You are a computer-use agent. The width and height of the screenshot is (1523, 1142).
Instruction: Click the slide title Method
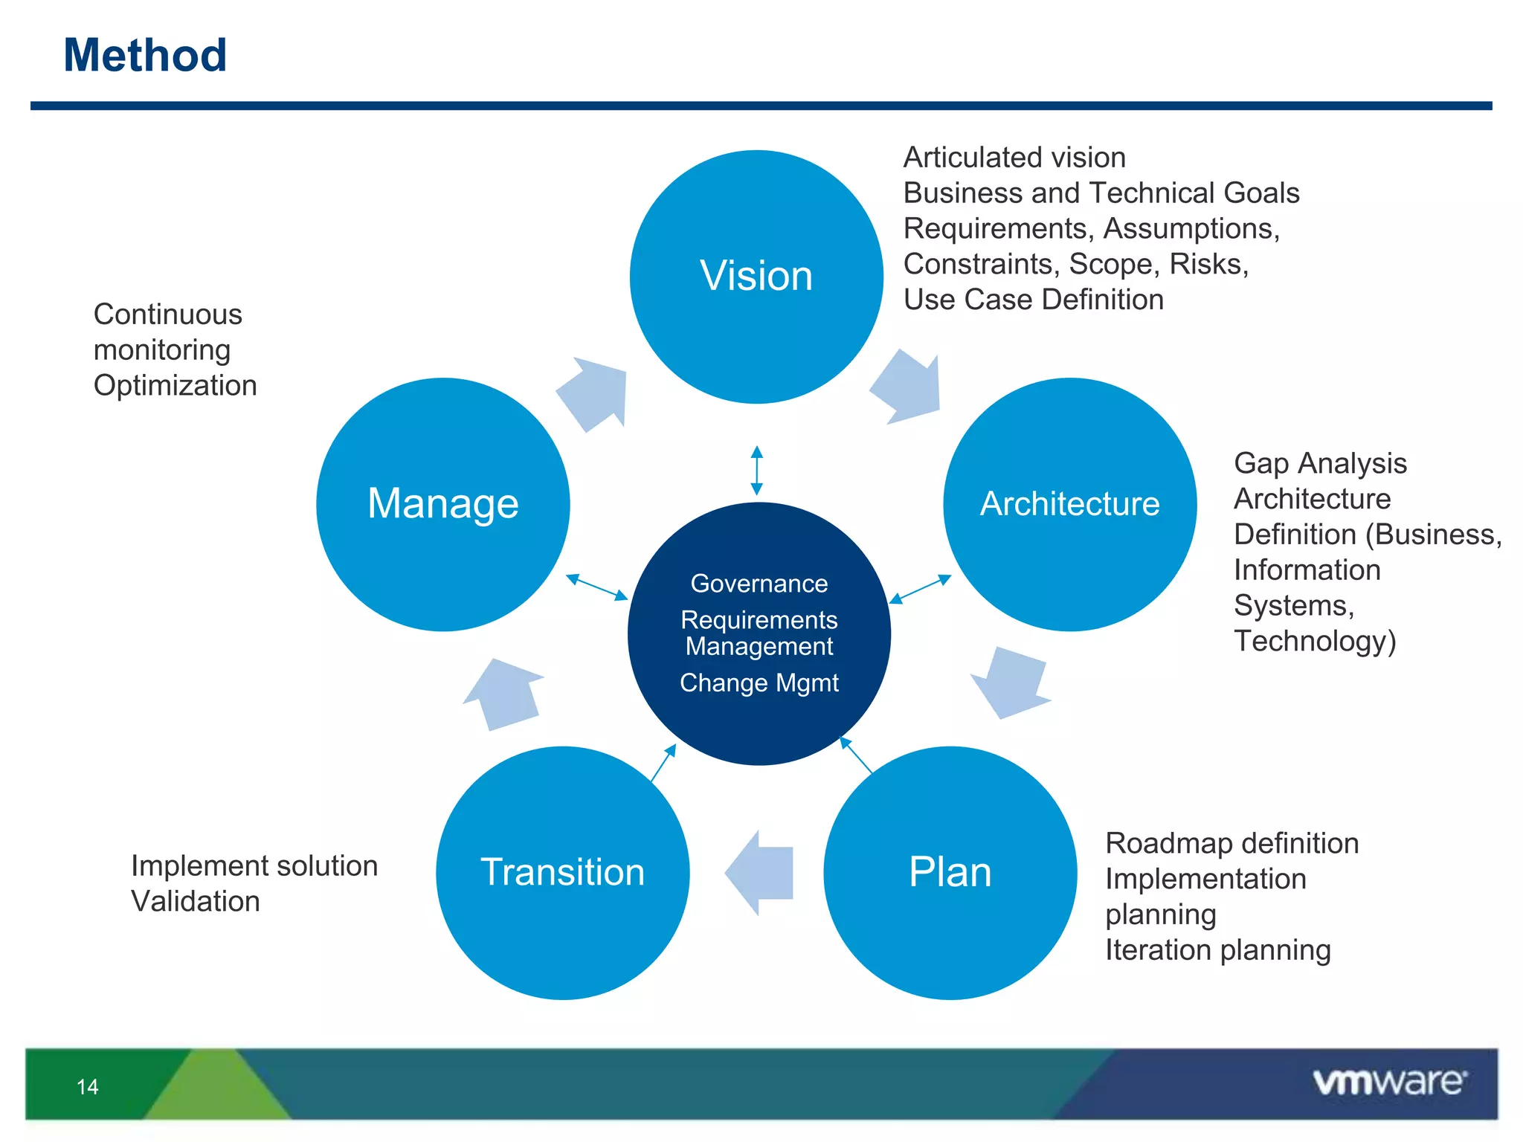(145, 56)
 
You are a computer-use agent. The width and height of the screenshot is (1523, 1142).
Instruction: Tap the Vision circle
(756, 277)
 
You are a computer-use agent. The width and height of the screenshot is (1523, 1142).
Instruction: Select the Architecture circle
(1069, 504)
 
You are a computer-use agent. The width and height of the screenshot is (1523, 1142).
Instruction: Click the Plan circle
(950, 872)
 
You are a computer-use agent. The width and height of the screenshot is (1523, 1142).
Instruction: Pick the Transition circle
(562, 872)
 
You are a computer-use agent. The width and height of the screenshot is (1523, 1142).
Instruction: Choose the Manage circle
(443, 504)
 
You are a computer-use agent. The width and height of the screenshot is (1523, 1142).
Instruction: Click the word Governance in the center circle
(759, 584)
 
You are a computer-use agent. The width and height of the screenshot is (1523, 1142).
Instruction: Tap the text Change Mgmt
(759, 683)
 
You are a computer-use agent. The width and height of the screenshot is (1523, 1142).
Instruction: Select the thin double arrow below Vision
(756, 471)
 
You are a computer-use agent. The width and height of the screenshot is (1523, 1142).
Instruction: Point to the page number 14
(87, 1087)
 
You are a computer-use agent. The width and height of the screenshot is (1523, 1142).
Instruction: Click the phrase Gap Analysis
(1320, 463)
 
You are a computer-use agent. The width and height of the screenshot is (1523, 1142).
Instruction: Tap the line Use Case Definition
(1033, 300)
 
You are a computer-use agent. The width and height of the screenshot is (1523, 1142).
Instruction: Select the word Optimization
(175, 386)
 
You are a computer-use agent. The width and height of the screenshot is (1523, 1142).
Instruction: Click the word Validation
(195, 902)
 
